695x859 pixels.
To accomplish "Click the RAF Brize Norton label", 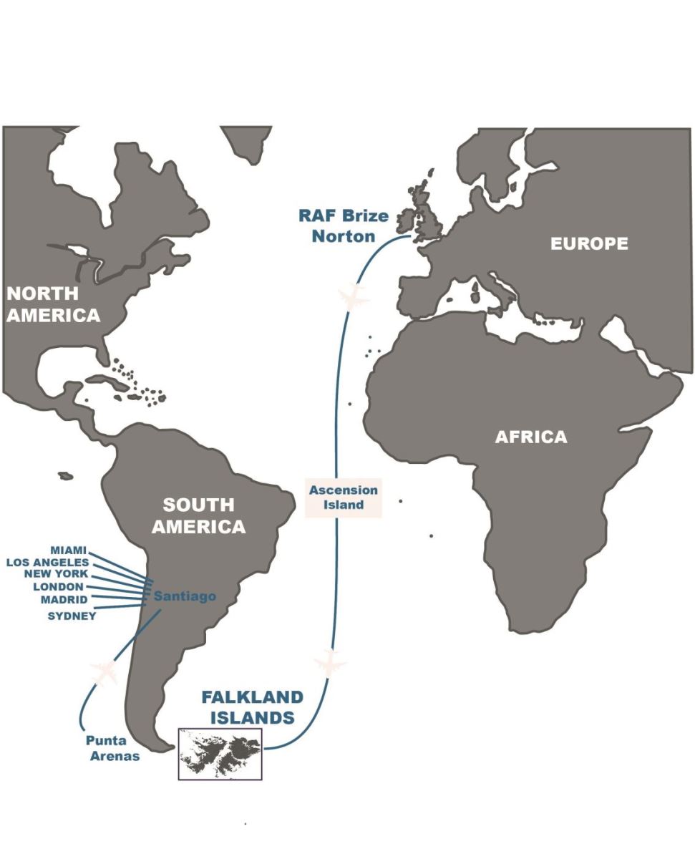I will click(344, 225).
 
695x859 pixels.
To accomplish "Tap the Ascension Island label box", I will click(343, 497).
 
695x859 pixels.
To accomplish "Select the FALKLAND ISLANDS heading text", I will click(252, 707).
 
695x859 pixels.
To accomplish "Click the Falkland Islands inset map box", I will click(220, 754).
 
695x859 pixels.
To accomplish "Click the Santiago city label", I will click(185, 596).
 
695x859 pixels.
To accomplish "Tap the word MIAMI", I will click(68, 550).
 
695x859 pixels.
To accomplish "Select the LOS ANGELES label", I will click(47, 562).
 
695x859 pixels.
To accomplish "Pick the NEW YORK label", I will click(56, 574).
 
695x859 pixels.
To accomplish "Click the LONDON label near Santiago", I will click(59, 586).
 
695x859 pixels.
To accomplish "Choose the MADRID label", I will click(64, 599).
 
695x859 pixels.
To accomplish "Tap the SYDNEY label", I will click(72, 615).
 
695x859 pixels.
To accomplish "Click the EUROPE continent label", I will click(588, 243).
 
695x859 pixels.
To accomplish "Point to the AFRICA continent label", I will click(530, 437).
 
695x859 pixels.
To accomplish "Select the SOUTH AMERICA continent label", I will click(198, 515).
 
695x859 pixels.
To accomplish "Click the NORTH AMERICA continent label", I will click(53, 304).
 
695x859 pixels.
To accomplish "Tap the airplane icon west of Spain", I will click(353, 297).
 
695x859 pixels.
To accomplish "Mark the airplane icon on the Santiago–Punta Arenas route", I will click(104, 673).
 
